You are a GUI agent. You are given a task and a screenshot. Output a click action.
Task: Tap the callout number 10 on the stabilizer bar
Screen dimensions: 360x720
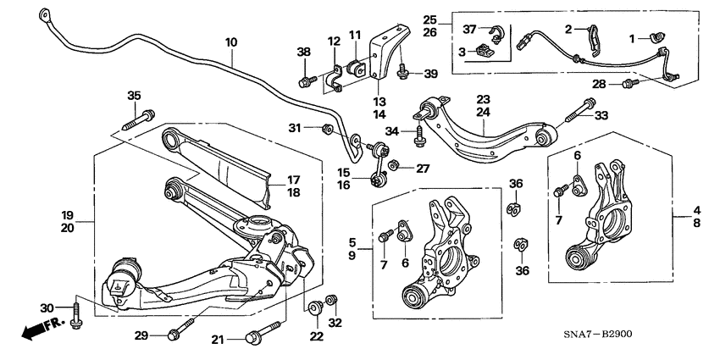point(231,42)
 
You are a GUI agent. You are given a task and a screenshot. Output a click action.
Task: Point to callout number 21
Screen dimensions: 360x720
point(219,340)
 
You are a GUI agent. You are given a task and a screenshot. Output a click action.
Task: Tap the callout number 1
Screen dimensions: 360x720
point(630,38)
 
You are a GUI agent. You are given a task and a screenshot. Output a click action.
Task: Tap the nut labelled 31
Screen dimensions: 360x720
point(327,128)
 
